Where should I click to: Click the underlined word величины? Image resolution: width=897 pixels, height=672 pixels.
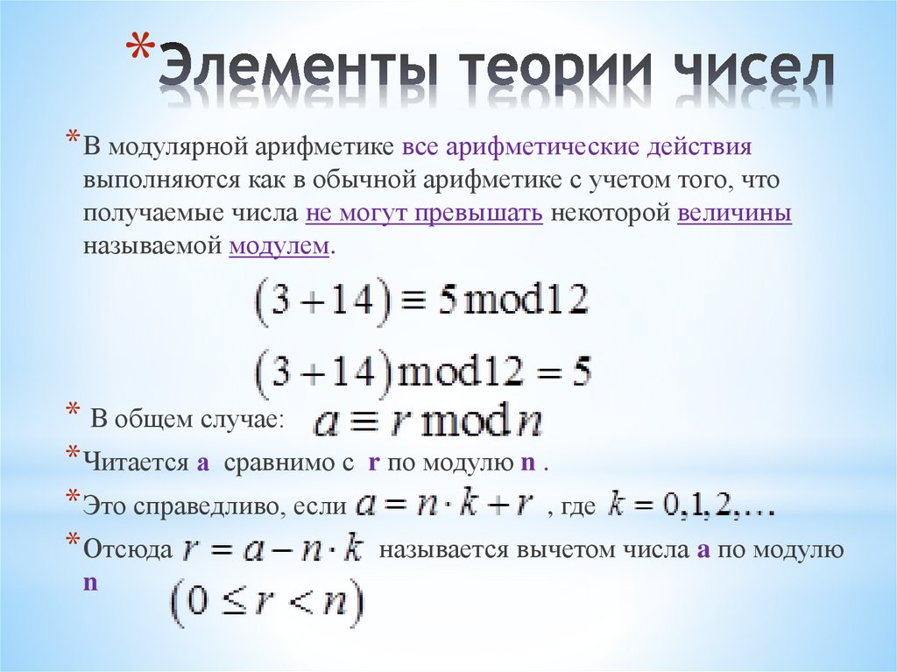pyautogui.click(x=734, y=215)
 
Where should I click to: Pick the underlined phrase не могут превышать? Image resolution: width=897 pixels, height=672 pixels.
pyautogui.click(x=424, y=215)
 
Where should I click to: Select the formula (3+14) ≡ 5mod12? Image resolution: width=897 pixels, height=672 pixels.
pyautogui.click(x=420, y=302)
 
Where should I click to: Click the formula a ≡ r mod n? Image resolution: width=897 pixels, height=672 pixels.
pyautogui.click(x=427, y=424)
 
